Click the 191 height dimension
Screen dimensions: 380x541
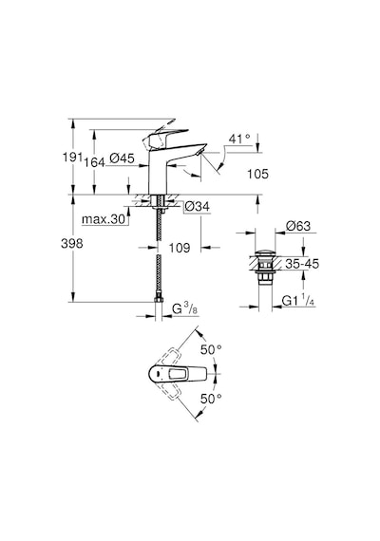[72, 157]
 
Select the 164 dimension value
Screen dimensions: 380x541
[95, 162]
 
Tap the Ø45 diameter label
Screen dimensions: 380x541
[122, 159]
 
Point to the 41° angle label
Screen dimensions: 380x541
[239, 139]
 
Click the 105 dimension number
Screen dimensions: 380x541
[257, 174]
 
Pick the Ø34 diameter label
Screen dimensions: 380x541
[197, 206]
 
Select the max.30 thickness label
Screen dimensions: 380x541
[104, 219]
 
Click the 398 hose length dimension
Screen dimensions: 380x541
[72, 244]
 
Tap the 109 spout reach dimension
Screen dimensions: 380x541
[180, 248]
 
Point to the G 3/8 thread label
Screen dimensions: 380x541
[185, 308]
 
